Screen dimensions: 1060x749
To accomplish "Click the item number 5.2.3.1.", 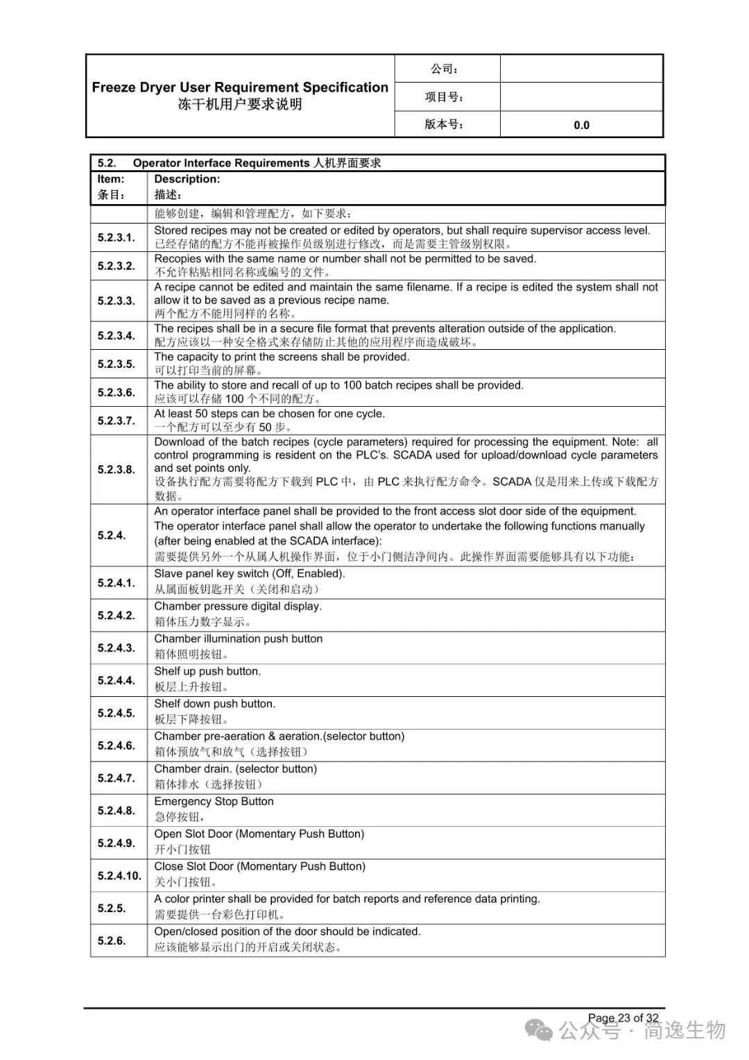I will click(x=116, y=237).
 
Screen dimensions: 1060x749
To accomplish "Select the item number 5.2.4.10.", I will click(x=119, y=875).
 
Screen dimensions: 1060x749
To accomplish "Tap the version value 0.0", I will click(x=581, y=125).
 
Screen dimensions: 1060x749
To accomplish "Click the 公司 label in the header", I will click(x=445, y=69).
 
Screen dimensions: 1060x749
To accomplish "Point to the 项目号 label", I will click(x=445, y=97).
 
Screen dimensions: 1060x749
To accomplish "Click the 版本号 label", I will click(x=445, y=124).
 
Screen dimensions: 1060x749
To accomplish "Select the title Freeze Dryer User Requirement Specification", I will click(x=240, y=87).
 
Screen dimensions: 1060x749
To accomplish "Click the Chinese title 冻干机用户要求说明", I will click(x=240, y=105).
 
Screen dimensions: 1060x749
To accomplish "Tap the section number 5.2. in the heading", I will click(x=107, y=163).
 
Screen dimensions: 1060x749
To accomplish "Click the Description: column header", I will click(x=187, y=179).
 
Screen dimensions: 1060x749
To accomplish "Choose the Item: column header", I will click(x=111, y=179).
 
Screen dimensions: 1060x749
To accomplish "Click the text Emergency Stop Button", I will click(x=214, y=801).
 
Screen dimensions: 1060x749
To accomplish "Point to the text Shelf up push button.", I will click(x=207, y=671).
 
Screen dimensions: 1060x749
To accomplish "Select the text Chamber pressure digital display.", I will click(x=238, y=606).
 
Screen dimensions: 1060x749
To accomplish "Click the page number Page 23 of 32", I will click(x=623, y=1018).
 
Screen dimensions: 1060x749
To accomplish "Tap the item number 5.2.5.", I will click(x=112, y=908).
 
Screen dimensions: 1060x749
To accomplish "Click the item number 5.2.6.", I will click(x=112, y=941).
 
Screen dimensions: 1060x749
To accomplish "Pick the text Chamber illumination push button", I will click(x=238, y=639).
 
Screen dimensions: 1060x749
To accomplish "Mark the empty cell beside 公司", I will click(x=581, y=69).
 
